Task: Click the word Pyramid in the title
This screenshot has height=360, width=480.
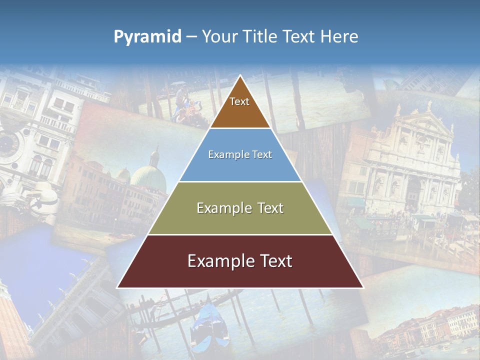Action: (147, 36)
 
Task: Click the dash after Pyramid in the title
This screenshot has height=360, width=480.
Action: (191, 37)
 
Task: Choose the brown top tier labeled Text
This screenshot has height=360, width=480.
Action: (240, 107)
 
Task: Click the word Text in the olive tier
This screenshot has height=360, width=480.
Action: (268, 208)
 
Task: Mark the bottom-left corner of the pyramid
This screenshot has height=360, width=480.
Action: (117, 287)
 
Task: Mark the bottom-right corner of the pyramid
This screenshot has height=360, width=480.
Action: (363, 287)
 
